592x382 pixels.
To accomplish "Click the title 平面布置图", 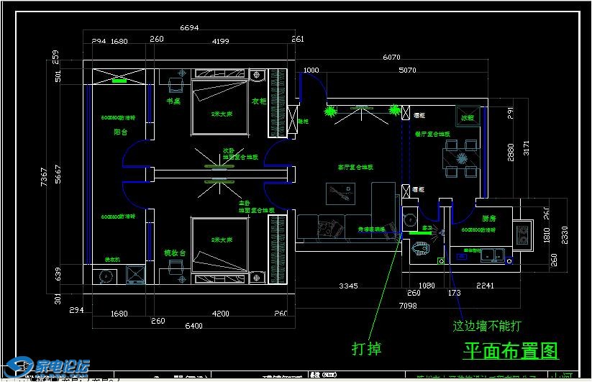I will tap(511, 350).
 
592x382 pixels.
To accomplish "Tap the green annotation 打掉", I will tap(366, 349).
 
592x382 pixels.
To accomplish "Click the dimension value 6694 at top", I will tap(189, 28).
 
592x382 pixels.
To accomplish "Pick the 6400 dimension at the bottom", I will tap(194, 326).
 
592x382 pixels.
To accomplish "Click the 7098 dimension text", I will tap(406, 306).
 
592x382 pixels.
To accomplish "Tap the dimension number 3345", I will tap(348, 286).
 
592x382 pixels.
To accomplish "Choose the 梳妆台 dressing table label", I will tap(176, 253).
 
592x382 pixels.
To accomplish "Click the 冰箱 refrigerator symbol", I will tap(468, 117).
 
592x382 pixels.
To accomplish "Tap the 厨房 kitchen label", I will tap(488, 219).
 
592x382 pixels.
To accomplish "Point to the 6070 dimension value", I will tap(391, 57).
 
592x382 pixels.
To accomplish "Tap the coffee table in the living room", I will tap(340, 194).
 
